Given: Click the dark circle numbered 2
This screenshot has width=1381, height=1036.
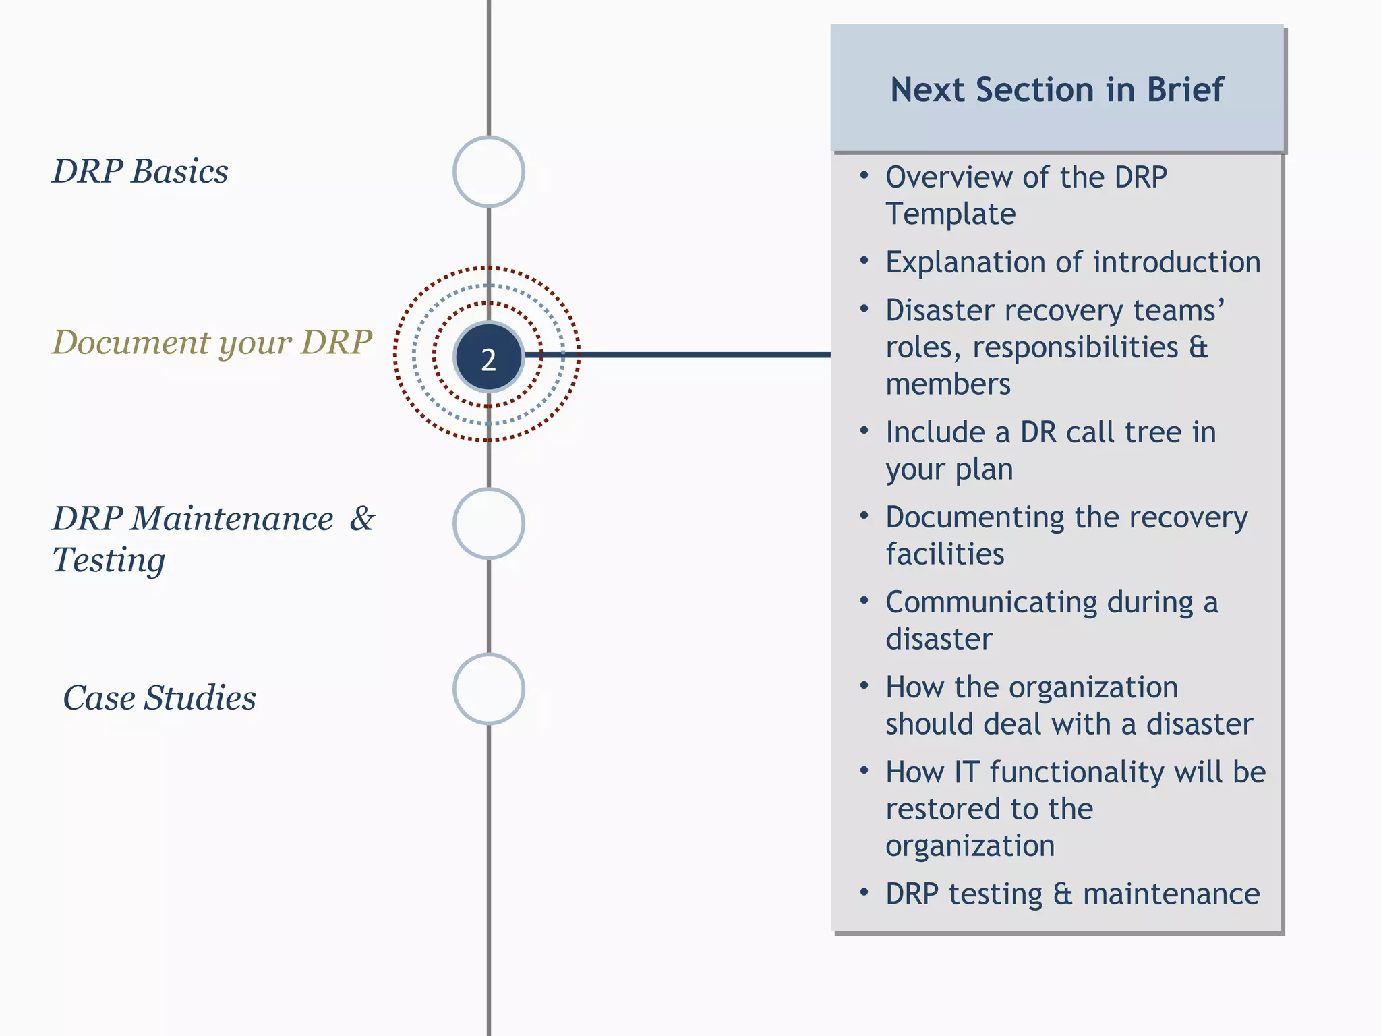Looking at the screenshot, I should point(489,357).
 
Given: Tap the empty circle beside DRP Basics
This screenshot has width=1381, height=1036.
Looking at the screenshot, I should point(489,171).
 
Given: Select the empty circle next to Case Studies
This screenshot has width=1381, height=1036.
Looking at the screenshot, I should point(489,689).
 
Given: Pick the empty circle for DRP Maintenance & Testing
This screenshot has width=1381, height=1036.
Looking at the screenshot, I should point(489,523).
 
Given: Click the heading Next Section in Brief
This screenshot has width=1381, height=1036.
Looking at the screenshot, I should point(1057,90).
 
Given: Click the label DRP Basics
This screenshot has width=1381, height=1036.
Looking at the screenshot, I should point(140,171).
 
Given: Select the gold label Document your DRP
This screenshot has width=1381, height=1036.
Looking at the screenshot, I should point(212,343).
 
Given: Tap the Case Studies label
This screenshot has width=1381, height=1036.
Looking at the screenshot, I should point(160,697).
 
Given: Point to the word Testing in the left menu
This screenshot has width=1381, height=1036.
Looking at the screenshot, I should point(109,560).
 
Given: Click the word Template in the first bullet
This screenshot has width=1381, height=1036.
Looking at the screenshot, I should point(950,214).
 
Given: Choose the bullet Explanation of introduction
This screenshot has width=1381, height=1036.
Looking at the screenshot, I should point(1072,262).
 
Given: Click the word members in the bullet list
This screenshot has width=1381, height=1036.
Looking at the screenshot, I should point(947,384).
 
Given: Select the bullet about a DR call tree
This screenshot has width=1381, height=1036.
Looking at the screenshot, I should point(1050,449).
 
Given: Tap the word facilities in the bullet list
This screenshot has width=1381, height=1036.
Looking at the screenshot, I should point(944,554).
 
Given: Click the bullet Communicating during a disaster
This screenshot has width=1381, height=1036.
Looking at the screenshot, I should point(1051,619).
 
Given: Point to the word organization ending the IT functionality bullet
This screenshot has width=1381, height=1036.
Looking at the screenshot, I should point(970,845).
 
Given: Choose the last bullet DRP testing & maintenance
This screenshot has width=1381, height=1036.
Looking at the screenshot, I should point(1072,894).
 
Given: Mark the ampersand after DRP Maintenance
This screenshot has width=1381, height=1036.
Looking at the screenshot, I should point(362,519).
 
